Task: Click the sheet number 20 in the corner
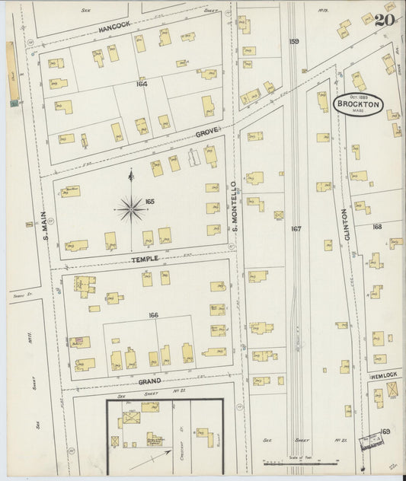[384, 21]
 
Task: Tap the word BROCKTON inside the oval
[357, 106]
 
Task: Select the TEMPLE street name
[144, 259]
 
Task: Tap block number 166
[154, 315]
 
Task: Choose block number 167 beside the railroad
[296, 228]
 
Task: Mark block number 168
[377, 227]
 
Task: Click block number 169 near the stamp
[385, 432]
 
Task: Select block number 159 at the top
[294, 41]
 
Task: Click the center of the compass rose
[131, 207]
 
